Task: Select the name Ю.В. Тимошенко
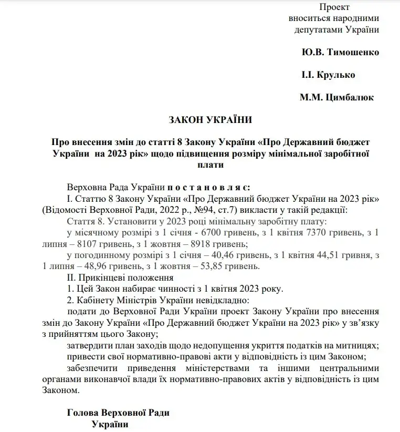tap(340, 53)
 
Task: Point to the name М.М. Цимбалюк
tap(336, 97)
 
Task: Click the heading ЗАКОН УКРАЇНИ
tap(210, 120)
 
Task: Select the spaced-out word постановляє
tap(209, 187)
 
